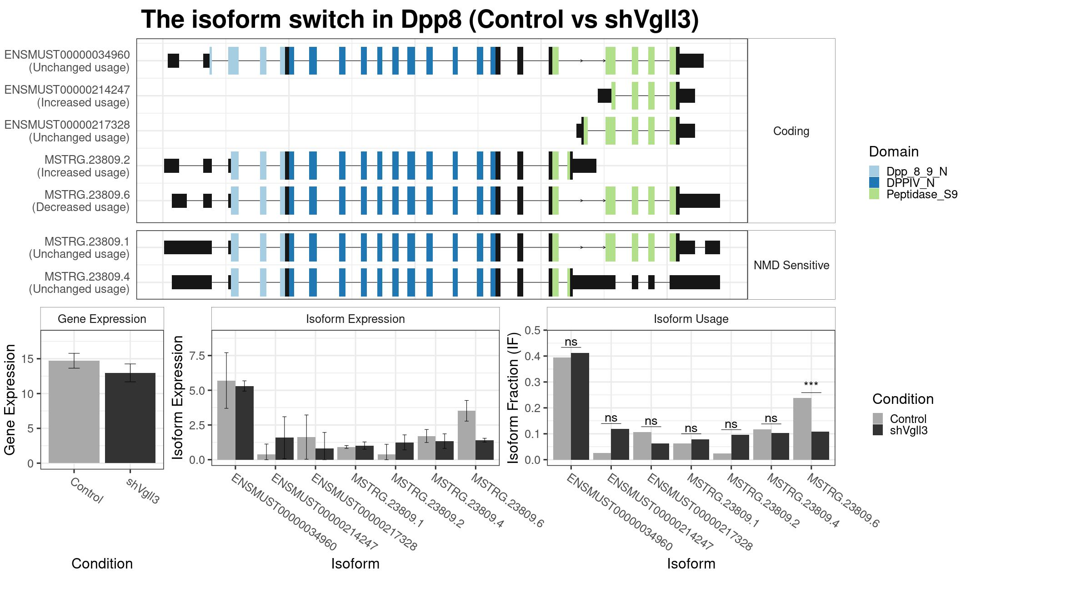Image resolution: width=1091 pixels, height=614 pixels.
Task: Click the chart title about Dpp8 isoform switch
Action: pyautogui.click(x=420, y=20)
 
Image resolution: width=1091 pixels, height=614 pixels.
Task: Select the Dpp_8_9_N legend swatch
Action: pyautogui.click(x=874, y=171)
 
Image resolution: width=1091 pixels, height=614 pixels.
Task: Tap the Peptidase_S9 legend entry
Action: pyautogui.click(x=913, y=194)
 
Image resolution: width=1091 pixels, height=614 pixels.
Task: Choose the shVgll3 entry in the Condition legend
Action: pyautogui.click(x=900, y=430)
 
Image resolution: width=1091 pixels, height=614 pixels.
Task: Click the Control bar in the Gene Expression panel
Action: pyautogui.click(x=74, y=412)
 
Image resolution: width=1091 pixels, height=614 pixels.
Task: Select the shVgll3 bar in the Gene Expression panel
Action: pyautogui.click(x=130, y=418)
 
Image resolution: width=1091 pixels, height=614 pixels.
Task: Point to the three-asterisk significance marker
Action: pyautogui.click(x=811, y=385)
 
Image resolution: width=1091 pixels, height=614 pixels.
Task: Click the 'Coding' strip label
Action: pyautogui.click(x=791, y=131)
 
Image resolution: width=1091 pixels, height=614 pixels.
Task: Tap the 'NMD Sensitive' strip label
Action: pyautogui.click(x=791, y=265)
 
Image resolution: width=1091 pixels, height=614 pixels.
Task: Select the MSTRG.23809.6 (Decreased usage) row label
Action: pyautogui.click(x=81, y=201)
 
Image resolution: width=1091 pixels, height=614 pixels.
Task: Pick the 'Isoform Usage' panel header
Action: pyautogui.click(x=691, y=319)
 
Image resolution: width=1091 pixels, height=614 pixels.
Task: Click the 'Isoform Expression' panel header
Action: pyautogui.click(x=355, y=319)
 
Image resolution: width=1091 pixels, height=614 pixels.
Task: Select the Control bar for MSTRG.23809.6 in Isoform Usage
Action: pyautogui.click(x=802, y=429)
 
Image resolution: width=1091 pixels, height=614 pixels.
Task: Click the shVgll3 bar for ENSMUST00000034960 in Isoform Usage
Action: pyautogui.click(x=580, y=406)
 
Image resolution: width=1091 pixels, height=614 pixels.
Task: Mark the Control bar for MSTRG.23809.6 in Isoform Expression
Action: pyautogui.click(x=466, y=435)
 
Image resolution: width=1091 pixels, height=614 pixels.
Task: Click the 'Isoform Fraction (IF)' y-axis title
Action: pyautogui.click(x=513, y=398)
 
